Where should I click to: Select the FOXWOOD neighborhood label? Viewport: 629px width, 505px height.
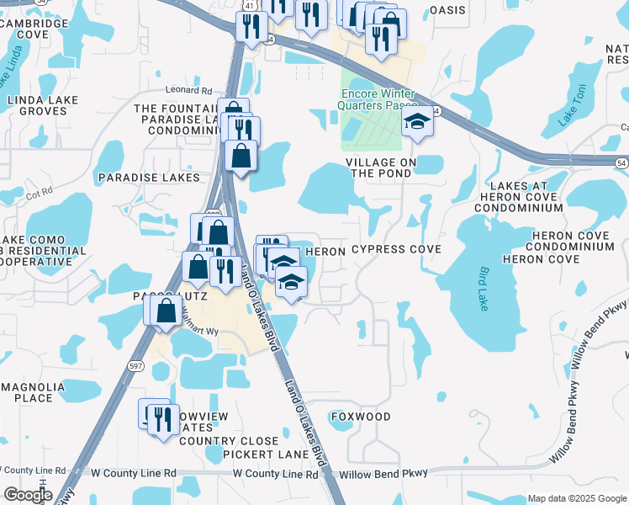coord(361,417)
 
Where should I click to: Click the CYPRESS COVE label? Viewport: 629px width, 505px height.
coord(396,250)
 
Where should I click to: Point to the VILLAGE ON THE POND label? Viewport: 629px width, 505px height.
coord(378,167)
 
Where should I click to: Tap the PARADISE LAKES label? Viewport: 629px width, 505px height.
coord(149,178)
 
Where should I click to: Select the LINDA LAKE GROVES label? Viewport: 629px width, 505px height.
coord(42,105)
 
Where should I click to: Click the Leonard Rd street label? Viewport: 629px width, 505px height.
coord(189,90)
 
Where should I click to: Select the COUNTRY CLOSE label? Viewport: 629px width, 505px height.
coord(228,441)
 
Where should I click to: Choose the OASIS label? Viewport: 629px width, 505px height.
coord(447,10)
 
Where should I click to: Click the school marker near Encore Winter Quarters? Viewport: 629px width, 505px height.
coord(416,123)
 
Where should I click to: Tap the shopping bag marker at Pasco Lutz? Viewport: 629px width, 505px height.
coord(167,310)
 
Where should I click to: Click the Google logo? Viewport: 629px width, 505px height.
coord(28,495)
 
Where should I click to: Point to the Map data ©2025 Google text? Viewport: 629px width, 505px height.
coord(576,498)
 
